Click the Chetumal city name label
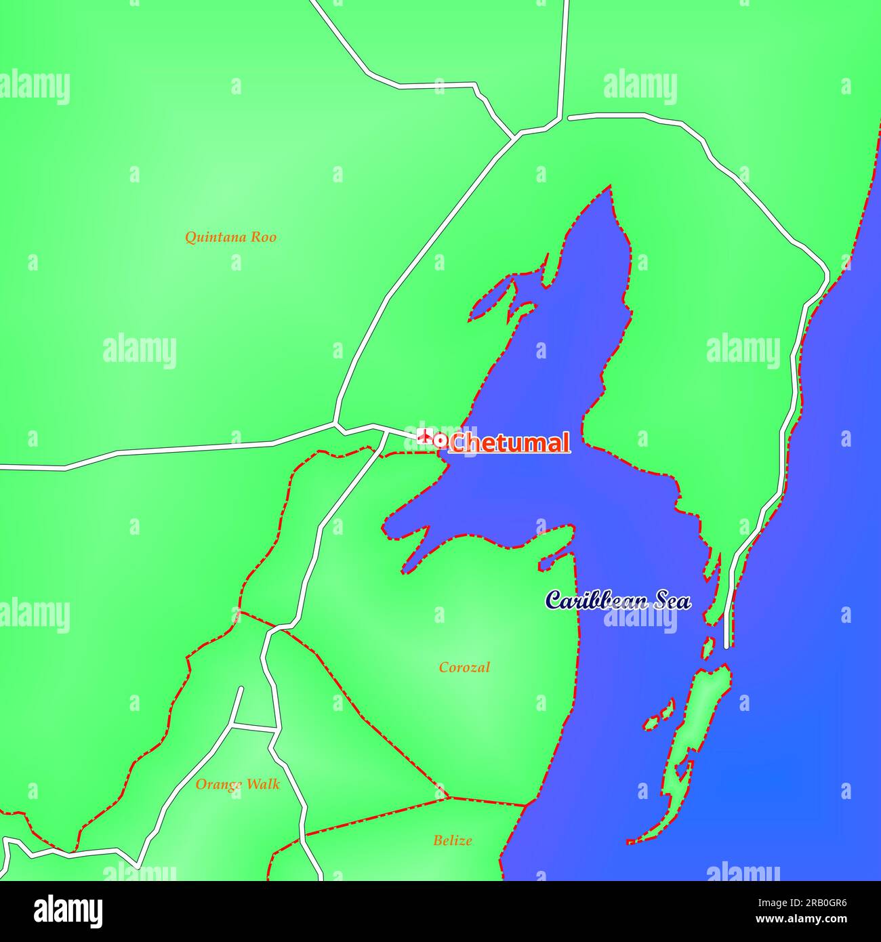(x=509, y=443)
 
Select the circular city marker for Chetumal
(x=440, y=441)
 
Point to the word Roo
(x=264, y=237)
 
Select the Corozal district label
(x=464, y=668)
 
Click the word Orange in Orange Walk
(x=218, y=785)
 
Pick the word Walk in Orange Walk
(x=262, y=784)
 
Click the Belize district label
(x=453, y=840)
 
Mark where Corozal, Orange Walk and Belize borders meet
(x=449, y=798)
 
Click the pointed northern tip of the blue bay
(x=611, y=187)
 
